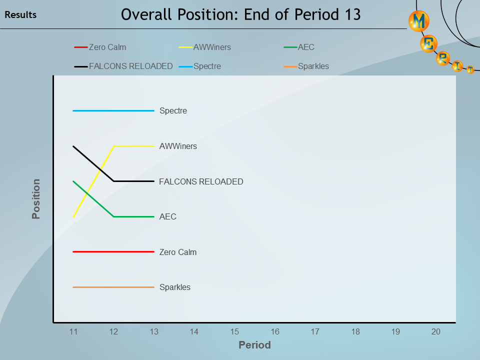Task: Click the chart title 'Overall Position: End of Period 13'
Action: (x=240, y=14)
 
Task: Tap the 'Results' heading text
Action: (x=20, y=15)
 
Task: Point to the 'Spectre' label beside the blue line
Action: (x=173, y=111)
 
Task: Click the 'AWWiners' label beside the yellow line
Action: (x=178, y=146)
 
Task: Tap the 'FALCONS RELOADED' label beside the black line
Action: (x=201, y=181)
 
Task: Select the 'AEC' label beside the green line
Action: (x=168, y=217)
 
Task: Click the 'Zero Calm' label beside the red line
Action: (x=178, y=252)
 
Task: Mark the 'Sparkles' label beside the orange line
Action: (x=175, y=287)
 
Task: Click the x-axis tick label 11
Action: (x=73, y=331)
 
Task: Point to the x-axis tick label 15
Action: (x=234, y=331)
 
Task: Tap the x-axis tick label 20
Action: (x=435, y=331)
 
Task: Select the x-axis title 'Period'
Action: (x=254, y=345)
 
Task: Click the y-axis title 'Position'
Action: (x=36, y=199)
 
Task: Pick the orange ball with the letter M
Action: (x=419, y=21)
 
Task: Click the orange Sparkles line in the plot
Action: (x=113, y=287)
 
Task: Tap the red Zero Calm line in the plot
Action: (x=113, y=252)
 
